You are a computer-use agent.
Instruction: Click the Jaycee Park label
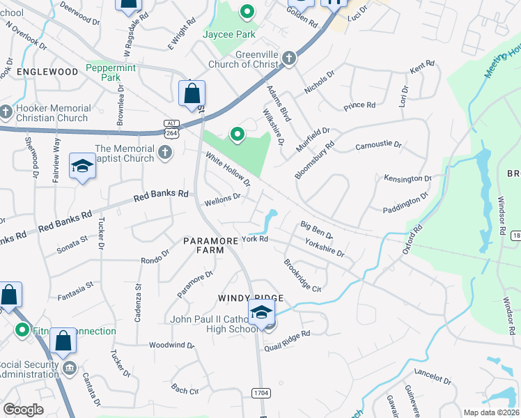pyautogui.click(x=229, y=34)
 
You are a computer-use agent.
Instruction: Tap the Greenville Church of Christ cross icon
pyautogui.click(x=291, y=61)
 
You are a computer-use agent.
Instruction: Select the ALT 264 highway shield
pyautogui.click(x=171, y=128)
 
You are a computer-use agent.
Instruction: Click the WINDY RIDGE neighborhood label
pyautogui.click(x=251, y=297)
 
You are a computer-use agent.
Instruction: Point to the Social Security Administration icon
pyautogui.click(x=68, y=367)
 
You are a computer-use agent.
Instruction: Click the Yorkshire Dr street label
pyautogui.click(x=325, y=247)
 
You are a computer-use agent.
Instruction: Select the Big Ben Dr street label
pyautogui.click(x=317, y=229)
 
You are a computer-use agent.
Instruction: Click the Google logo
pyautogui.click(x=23, y=410)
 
